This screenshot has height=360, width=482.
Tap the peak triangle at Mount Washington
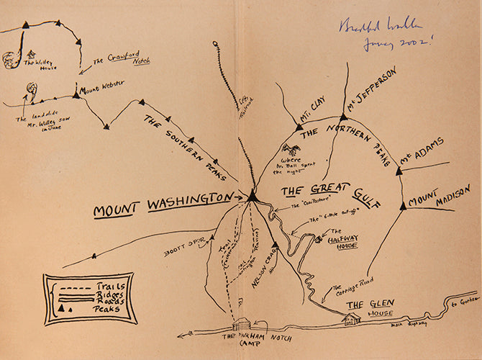[253, 197]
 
